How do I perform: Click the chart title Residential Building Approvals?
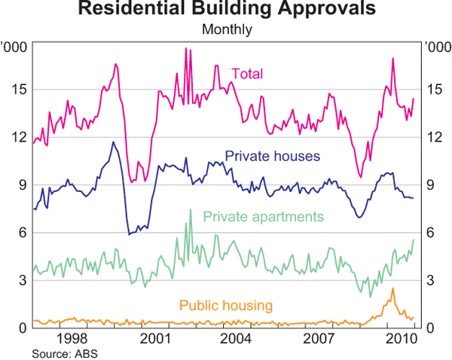point(226,11)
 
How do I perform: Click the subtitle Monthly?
point(226,31)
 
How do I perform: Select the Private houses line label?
point(273,157)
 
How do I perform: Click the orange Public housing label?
point(226,305)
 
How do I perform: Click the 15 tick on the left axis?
point(20,90)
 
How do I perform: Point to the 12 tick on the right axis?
point(433,137)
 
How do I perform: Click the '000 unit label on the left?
point(15,47)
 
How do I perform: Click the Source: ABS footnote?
point(66,352)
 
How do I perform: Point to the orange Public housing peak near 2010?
point(392,288)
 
